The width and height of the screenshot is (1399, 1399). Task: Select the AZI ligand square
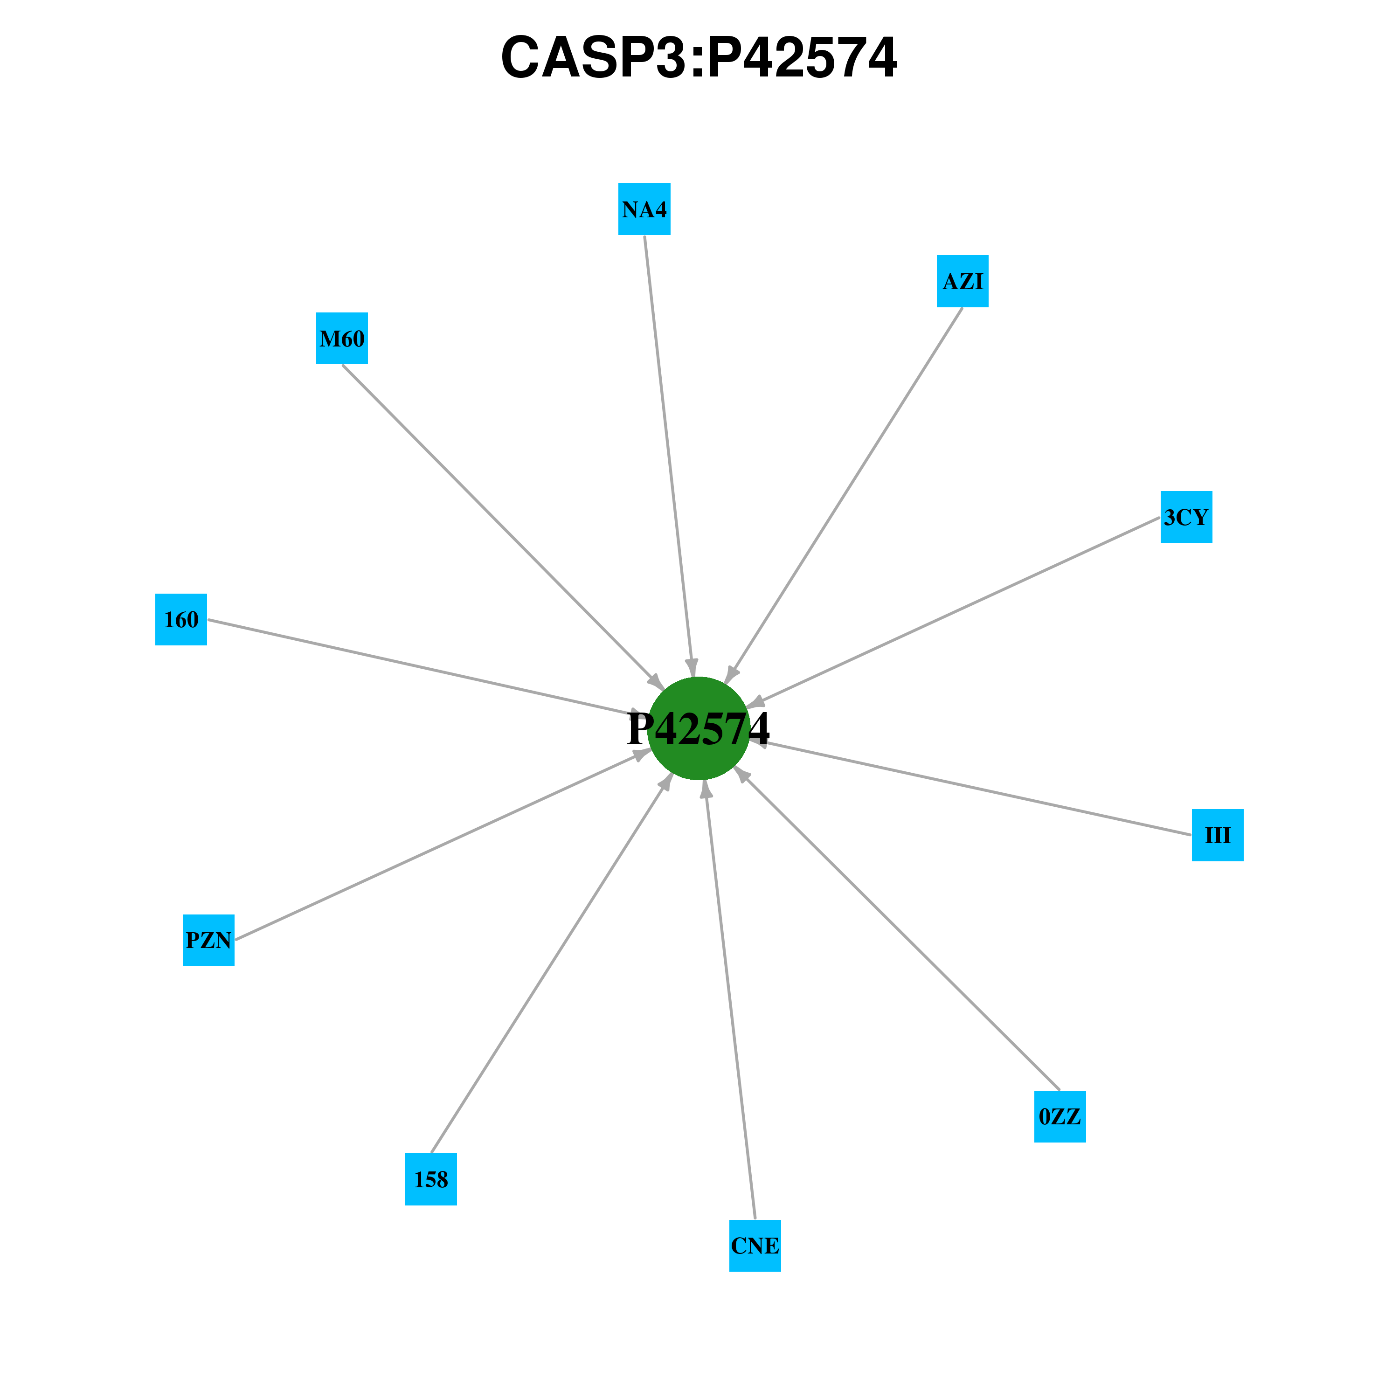(963, 281)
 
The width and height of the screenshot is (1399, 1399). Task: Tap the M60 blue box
(342, 338)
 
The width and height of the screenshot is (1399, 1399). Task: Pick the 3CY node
(1186, 517)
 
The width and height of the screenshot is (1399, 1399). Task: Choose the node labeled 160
(181, 619)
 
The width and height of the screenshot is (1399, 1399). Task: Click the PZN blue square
(208, 940)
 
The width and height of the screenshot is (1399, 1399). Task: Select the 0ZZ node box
(1060, 1116)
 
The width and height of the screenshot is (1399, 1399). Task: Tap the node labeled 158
(431, 1179)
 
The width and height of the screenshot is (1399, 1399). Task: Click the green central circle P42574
(699, 728)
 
